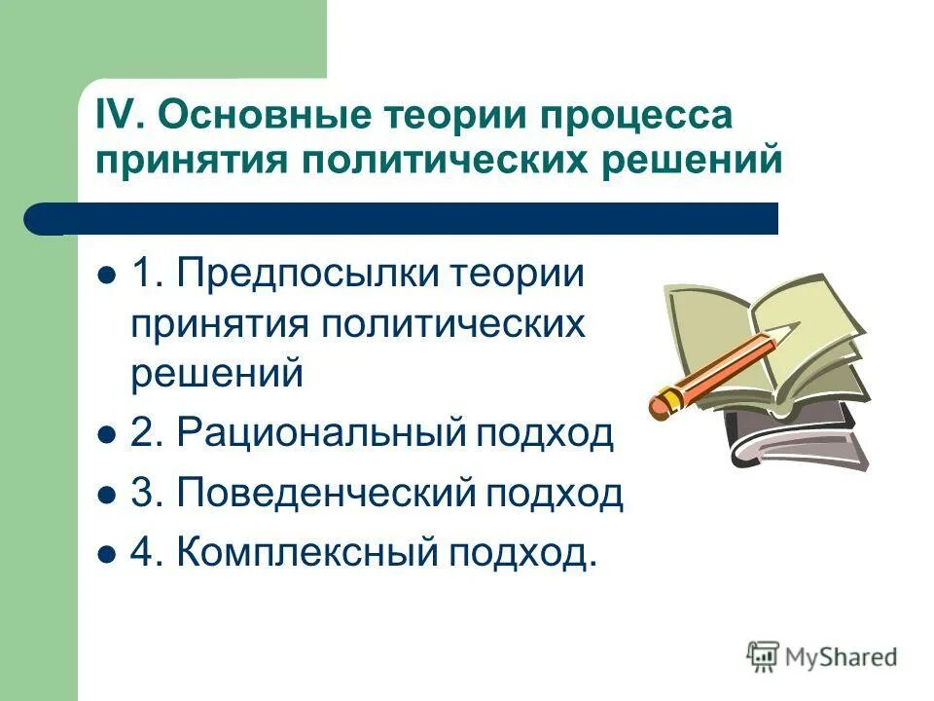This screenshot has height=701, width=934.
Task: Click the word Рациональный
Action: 322,433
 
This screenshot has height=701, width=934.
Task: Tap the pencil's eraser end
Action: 660,402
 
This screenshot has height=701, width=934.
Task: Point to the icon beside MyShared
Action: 764,656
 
